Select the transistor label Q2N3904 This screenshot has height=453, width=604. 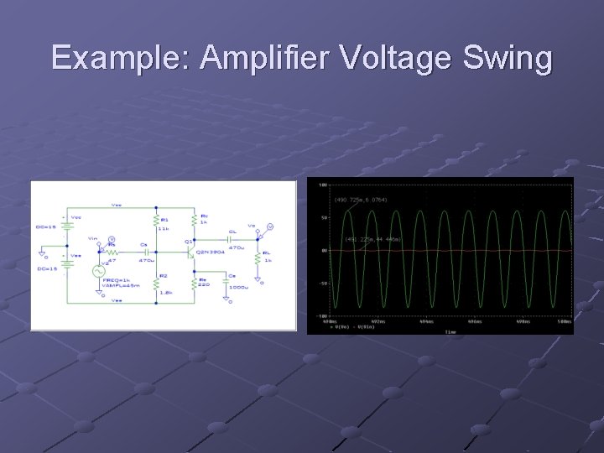click(210, 251)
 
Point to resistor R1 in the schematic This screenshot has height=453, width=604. click(156, 221)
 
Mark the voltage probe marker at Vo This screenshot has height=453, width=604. click(270, 226)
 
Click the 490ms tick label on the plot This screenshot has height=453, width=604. click(328, 320)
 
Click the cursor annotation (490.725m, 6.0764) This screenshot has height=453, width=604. click(362, 200)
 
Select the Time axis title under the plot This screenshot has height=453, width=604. click(450, 331)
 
